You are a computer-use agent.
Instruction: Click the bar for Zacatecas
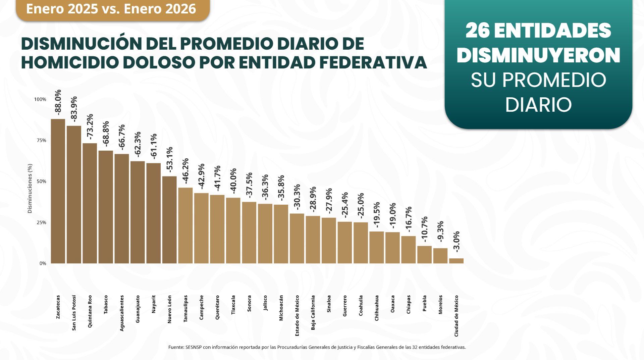[x=58, y=191]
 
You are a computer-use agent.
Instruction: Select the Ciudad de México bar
[x=456, y=261]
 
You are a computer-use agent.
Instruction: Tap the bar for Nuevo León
[x=169, y=220]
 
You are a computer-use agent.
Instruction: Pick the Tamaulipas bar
[x=185, y=225]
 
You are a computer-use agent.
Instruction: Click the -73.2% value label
[x=90, y=126]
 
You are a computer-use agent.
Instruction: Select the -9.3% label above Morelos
[x=440, y=231]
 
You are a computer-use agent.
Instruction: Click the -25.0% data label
[x=361, y=206]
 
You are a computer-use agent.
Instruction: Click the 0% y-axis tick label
[x=43, y=263]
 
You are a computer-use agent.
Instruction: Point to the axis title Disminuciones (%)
[x=30, y=188]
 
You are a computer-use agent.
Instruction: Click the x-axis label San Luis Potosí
[x=74, y=313]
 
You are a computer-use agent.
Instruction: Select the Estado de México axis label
[x=297, y=315]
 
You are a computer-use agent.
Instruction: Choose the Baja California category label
[x=313, y=312]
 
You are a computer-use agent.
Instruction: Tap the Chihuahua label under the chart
[x=377, y=308]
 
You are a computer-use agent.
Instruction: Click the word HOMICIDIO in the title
[x=69, y=63]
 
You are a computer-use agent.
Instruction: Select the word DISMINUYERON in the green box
[x=538, y=56]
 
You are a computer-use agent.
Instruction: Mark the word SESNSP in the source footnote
[x=193, y=347]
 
